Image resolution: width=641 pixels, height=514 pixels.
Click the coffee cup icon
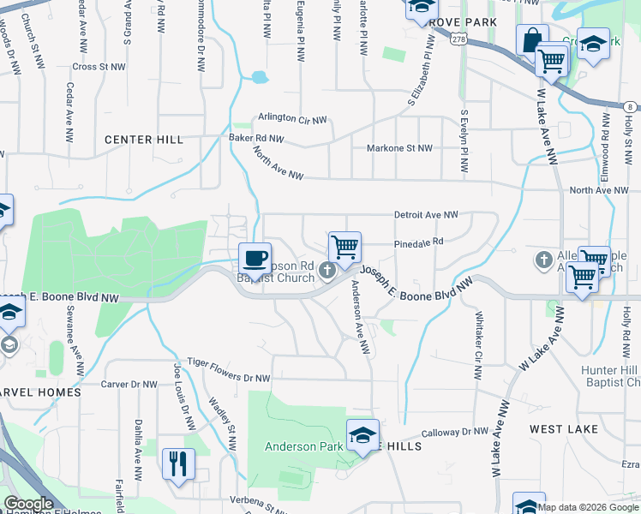[255, 258]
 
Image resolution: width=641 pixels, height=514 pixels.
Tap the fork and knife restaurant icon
[178, 464]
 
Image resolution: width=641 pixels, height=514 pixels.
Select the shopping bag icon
[532, 39]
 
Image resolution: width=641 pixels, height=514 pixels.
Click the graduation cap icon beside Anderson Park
[362, 435]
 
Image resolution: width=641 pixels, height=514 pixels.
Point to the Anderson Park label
[303, 446]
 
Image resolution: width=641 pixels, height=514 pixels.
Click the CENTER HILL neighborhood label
[143, 139]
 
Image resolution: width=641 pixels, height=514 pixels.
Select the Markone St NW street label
[399, 148]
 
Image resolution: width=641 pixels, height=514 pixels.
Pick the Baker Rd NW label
[255, 138]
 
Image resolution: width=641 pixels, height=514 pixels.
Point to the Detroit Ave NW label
[426, 214]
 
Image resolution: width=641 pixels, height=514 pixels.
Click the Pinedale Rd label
[418, 242]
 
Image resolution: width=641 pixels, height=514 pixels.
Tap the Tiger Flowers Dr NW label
[229, 363]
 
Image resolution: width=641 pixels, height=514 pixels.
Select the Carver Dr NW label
[130, 385]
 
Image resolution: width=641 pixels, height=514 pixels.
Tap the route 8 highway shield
[631, 106]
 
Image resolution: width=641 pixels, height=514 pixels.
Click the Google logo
[27, 505]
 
